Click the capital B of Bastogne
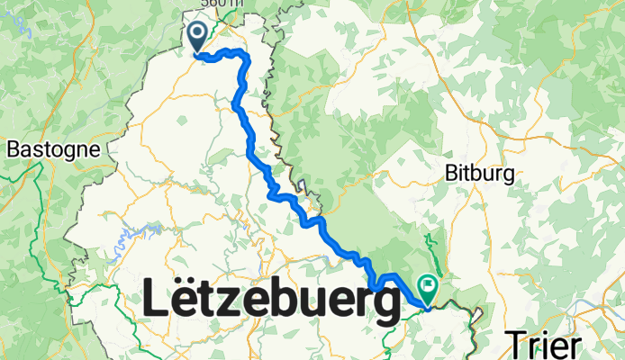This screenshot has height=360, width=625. [x=12, y=150]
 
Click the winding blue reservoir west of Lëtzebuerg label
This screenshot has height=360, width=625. [x=135, y=232]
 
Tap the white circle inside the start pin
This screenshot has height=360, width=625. [x=198, y=32]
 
